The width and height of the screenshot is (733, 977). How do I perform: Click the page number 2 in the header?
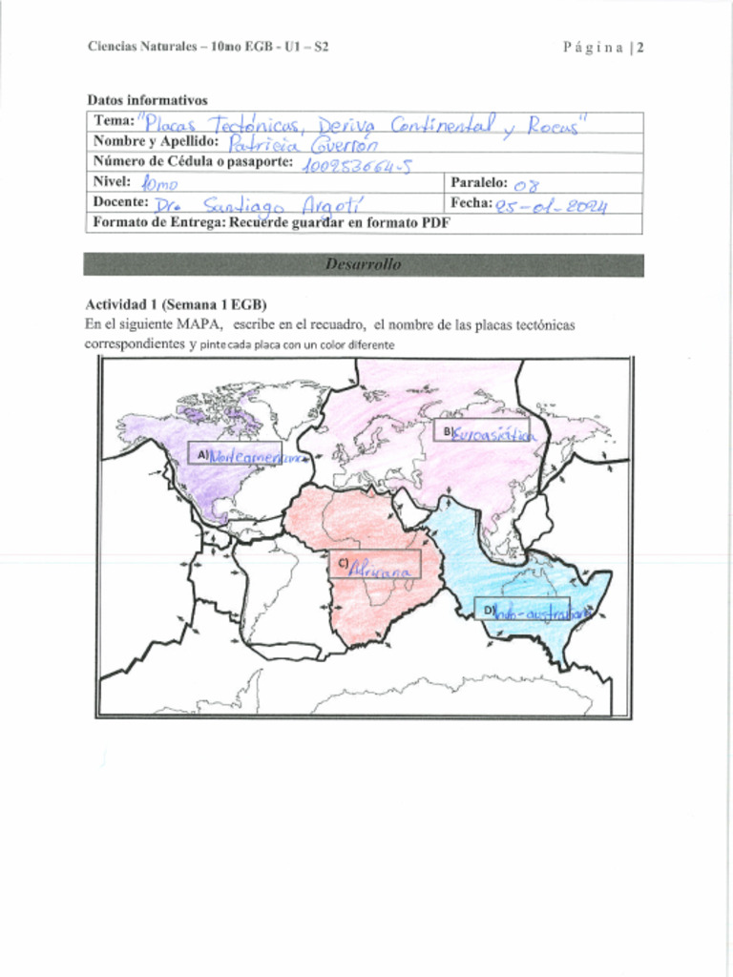point(640,47)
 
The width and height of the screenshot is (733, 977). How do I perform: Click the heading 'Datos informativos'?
point(147,100)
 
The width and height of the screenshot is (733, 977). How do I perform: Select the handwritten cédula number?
point(355,166)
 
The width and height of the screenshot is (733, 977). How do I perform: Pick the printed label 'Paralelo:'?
point(479,181)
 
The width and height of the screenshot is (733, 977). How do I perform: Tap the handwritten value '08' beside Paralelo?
point(526,184)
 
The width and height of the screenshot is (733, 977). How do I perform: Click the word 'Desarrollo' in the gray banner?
point(363,264)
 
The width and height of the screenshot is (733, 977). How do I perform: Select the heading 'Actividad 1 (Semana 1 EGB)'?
point(169,305)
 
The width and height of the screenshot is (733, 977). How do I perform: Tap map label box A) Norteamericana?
point(235,455)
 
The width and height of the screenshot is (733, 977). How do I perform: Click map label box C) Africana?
point(374,566)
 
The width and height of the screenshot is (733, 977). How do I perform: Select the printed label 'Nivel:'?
point(112,181)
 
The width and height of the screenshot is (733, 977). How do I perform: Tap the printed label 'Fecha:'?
point(471,202)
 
